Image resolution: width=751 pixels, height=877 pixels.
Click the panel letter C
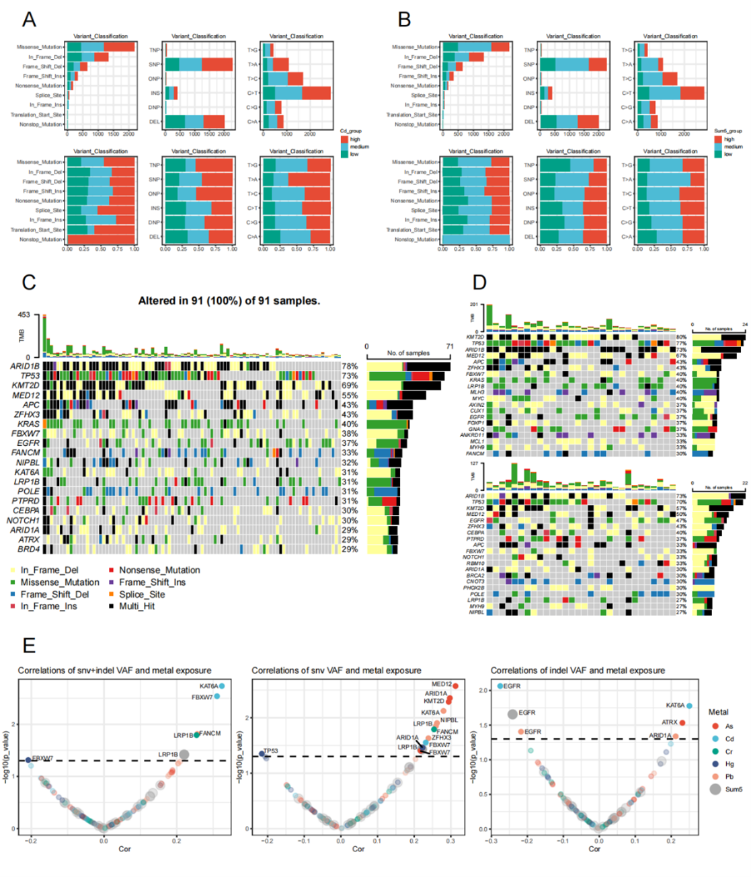(x=29, y=282)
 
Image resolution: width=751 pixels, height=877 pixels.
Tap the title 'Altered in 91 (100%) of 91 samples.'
(x=229, y=301)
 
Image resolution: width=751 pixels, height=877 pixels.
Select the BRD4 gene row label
(x=29, y=549)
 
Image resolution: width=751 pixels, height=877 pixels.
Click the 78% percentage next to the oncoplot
(x=350, y=367)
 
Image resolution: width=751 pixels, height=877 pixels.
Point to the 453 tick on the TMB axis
(x=24, y=315)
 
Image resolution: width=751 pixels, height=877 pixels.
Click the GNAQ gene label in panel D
(x=476, y=429)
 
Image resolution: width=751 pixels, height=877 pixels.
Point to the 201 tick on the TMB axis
(x=474, y=305)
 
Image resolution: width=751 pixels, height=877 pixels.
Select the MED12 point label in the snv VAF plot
(x=442, y=684)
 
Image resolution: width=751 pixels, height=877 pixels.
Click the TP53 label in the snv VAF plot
(x=271, y=751)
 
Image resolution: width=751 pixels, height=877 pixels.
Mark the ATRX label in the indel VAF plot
(x=670, y=722)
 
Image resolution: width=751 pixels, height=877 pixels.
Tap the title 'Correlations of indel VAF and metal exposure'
(x=578, y=671)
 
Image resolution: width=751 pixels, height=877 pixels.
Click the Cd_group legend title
(x=351, y=131)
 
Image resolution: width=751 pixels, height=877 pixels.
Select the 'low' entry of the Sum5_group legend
(x=727, y=154)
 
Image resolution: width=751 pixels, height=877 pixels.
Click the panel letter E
(x=29, y=646)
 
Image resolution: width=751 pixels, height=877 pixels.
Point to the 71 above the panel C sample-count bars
(x=449, y=347)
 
